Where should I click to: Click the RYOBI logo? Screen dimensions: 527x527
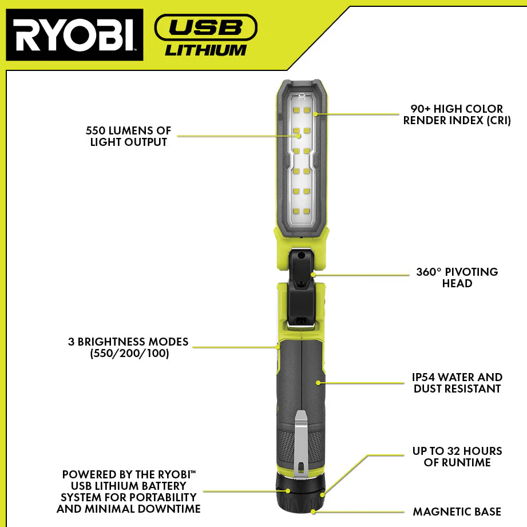(74, 35)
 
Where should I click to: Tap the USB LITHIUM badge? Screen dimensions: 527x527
(205, 35)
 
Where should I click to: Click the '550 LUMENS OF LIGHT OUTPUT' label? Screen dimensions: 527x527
(128, 136)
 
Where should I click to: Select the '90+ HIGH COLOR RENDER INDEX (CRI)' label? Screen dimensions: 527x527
(457, 114)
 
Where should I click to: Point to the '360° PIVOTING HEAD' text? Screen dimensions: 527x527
(457, 278)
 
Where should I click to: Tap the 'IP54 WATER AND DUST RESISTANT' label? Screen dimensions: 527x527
(457, 383)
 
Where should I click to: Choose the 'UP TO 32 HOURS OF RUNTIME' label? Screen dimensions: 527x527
(457, 457)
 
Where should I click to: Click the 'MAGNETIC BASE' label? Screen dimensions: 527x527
(457, 512)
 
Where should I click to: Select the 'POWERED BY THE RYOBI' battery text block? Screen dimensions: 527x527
(128, 492)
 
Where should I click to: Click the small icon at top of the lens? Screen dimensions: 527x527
(302, 97)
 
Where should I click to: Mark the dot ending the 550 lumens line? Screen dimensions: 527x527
(299, 136)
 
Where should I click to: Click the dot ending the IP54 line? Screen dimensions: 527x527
(318, 383)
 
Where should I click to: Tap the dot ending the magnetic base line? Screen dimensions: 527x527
(313, 512)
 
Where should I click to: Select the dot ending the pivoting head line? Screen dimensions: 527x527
(313, 275)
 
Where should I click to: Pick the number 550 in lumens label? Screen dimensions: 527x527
(96, 130)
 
